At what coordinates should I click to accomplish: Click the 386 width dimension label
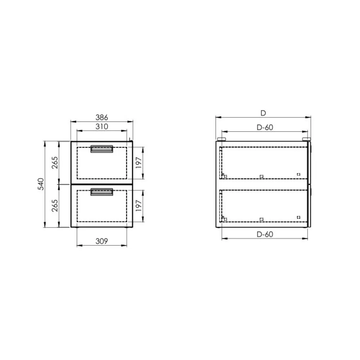102,117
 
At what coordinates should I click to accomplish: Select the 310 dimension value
102,126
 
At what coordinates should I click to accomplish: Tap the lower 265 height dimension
55,206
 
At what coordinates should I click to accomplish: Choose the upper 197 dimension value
139,163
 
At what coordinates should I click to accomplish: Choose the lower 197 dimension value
139,206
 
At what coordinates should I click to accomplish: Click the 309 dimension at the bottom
102,241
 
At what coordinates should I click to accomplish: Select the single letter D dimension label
263,113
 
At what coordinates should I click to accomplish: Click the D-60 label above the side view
265,127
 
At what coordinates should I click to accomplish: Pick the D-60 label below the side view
265,234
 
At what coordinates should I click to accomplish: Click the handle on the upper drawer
102,149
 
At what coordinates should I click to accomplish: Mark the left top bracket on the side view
221,139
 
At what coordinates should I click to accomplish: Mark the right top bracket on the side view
306,139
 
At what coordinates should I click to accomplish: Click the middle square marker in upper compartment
261,176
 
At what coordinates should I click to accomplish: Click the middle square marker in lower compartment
261,219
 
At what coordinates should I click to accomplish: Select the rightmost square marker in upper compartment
298,174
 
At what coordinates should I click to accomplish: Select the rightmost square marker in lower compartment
298,217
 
